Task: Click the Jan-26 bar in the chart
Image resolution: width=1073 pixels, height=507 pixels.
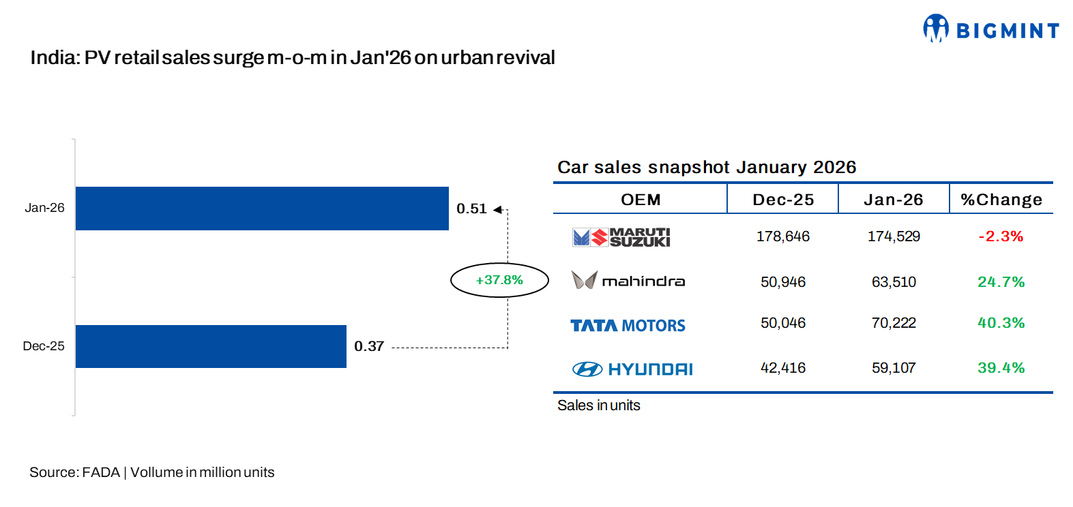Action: (x=262, y=209)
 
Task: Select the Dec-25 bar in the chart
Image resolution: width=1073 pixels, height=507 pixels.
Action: (x=211, y=346)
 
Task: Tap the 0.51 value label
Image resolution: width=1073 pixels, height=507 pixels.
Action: (x=471, y=209)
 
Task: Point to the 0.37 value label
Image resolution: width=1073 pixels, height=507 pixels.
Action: (x=369, y=346)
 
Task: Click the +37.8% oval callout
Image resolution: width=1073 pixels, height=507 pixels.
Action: (x=499, y=280)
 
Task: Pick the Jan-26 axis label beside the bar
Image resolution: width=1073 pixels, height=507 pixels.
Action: (x=44, y=208)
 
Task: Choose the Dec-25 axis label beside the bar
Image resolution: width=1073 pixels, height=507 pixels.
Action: (x=44, y=346)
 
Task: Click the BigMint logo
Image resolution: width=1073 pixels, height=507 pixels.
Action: (x=990, y=29)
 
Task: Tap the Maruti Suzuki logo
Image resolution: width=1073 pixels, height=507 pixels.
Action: (x=621, y=237)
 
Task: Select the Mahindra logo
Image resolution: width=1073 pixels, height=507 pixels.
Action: (x=628, y=281)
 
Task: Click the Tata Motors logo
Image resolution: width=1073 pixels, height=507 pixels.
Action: (x=628, y=326)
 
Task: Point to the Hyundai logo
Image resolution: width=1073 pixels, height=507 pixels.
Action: (x=632, y=369)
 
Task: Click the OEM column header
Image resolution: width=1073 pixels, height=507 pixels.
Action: (x=641, y=200)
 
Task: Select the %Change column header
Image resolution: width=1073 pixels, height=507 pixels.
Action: (x=1001, y=200)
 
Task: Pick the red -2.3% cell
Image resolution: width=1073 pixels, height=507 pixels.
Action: (x=1001, y=236)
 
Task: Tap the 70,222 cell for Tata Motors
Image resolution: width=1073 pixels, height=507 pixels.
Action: (x=894, y=323)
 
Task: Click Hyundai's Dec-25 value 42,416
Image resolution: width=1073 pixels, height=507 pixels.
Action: (x=783, y=368)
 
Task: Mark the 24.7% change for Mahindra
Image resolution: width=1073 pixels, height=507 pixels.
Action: (x=1001, y=282)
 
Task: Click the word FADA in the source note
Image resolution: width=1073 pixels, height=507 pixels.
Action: (x=101, y=472)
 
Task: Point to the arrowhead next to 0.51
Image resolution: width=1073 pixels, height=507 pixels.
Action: (x=497, y=209)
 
